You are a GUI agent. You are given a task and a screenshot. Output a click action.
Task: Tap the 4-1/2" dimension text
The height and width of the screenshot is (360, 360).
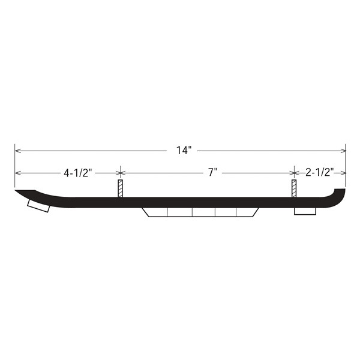click(77, 173)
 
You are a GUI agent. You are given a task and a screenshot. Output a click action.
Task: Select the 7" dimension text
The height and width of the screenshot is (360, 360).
click(212, 173)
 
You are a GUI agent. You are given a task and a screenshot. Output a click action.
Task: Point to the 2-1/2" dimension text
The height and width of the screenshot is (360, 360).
click(319, 173)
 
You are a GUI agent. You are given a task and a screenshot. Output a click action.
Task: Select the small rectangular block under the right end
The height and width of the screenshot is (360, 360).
click(305, 211)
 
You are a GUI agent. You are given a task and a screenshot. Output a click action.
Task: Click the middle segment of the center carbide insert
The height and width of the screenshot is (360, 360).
click(203, 213)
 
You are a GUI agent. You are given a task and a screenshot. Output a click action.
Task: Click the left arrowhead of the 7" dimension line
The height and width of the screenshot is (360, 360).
click(124, 173)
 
